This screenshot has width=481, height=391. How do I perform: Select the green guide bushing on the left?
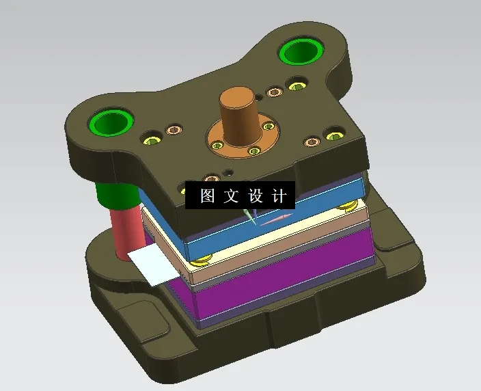click(x=110, y=123)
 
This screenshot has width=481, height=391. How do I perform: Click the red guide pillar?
click(x=127, y=232)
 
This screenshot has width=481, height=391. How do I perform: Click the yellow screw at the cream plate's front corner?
click(x=201, y=260)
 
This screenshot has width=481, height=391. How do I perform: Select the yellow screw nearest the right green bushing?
click(x=297, y=86)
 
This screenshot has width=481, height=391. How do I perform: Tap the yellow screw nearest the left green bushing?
click(x=151, y=141)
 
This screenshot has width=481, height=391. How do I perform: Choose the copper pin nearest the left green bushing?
click(x=174, y=130)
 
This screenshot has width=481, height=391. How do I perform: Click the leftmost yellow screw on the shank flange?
click(x=217, y=145)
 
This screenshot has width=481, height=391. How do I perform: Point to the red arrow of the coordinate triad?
click(x=277, y=220)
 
